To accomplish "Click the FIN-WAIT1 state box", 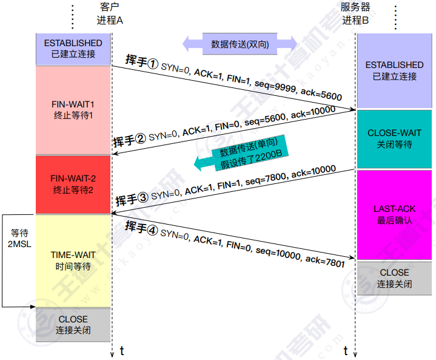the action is [73, 110].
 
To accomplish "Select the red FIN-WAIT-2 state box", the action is [73, 185].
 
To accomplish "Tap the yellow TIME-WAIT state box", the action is [73, 261].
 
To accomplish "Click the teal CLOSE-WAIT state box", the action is [394, 139].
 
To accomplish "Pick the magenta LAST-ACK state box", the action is [394, 215].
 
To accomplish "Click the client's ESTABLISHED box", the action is [73, 49].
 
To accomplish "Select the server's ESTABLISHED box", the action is [394, 70].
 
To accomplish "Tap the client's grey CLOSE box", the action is [73, 325].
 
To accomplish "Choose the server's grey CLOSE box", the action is [394, 278].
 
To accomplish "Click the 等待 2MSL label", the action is [19, 239].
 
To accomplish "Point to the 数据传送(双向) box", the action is [240, 44].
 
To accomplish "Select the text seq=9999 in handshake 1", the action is [275, 86].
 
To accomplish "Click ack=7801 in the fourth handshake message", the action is [325, 261].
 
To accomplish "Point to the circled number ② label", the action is [141, 138].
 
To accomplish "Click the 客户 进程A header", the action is [110, 13].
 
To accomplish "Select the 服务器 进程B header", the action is [355, 13].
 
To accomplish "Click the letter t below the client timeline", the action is [122, 351].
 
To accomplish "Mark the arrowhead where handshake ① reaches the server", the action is [354, 109].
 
